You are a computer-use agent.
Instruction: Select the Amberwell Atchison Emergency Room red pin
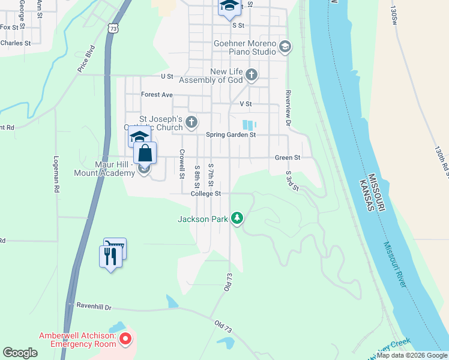click(125, 340)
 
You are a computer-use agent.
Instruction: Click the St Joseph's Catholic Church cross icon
click(191, 123)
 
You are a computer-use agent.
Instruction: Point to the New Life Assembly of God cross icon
click(252, 75)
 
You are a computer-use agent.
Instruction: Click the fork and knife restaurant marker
click(109, 257)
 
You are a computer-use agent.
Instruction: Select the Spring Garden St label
click(231, 135)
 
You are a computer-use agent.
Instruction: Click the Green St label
click(288, 158)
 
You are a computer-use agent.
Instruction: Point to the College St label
click(206, 194)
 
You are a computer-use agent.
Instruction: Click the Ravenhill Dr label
click(94, 306)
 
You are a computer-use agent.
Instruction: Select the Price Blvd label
click(86, 59)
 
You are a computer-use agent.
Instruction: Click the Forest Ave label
click(157, 95)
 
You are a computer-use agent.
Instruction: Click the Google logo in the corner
click(20, 353)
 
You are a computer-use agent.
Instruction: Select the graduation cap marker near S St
click(229, 6)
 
